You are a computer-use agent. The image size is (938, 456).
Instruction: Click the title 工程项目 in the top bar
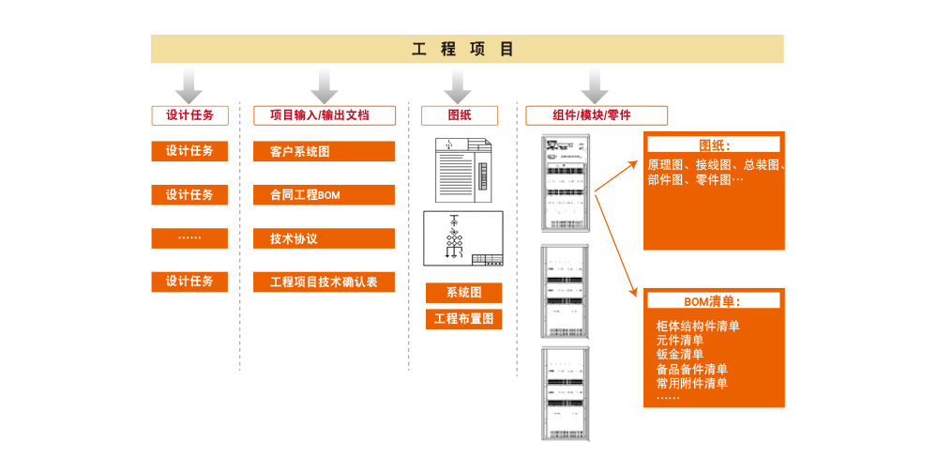tap(463, 50)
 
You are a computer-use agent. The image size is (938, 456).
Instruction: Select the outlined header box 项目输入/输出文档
tap(325, 115)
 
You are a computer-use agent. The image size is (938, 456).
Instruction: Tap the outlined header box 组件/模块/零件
tap(596, 115)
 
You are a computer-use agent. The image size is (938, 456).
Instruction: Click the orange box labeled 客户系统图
tap(324, 151)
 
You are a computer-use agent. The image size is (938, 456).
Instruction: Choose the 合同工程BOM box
tap(324, 195)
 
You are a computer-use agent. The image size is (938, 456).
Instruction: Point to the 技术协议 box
tap(324, 238)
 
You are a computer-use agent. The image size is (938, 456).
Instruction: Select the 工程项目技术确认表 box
tap(324, 281)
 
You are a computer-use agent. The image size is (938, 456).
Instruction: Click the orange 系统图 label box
tap(463, 293)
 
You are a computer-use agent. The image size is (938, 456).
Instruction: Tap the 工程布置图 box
tap(463, 319)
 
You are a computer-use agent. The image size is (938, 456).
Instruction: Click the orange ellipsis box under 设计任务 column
tap(189, 238)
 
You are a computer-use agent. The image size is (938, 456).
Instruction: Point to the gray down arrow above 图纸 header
tap(458, 84)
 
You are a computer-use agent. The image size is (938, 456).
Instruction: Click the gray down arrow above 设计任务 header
tap(189, 84)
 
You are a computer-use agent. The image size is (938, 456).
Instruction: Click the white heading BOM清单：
tap(712, 301)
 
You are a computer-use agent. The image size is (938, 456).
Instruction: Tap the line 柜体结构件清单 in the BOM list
tap(698, 327)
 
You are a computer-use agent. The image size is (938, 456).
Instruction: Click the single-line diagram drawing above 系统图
tap(463, 238)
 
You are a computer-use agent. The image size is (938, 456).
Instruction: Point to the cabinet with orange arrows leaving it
tap(566, 182)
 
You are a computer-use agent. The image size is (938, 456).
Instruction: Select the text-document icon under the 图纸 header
tap(463, 170)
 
